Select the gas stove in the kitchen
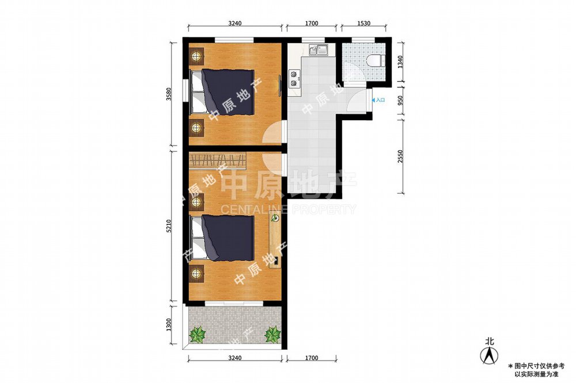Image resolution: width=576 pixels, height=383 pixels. click(294, 79)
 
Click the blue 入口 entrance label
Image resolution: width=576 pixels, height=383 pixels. click(378, 100)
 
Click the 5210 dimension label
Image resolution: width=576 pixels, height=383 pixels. click(169, 226)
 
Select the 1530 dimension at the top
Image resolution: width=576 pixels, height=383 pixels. click(363, 24)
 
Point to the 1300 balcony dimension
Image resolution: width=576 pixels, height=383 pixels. click(169, 324)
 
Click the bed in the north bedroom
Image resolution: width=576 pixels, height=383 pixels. click(222, 93)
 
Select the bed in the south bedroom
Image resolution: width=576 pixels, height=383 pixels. click(222, 239)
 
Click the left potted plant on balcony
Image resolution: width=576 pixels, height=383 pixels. click(198, 334)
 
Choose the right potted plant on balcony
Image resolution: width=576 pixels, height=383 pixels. click(272, 334)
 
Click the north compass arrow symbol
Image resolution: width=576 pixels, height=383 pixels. click(490, 355)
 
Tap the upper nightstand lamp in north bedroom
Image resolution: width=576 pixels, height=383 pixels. click(197, 56)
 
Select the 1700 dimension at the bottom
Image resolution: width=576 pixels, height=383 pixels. click(312, 358)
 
